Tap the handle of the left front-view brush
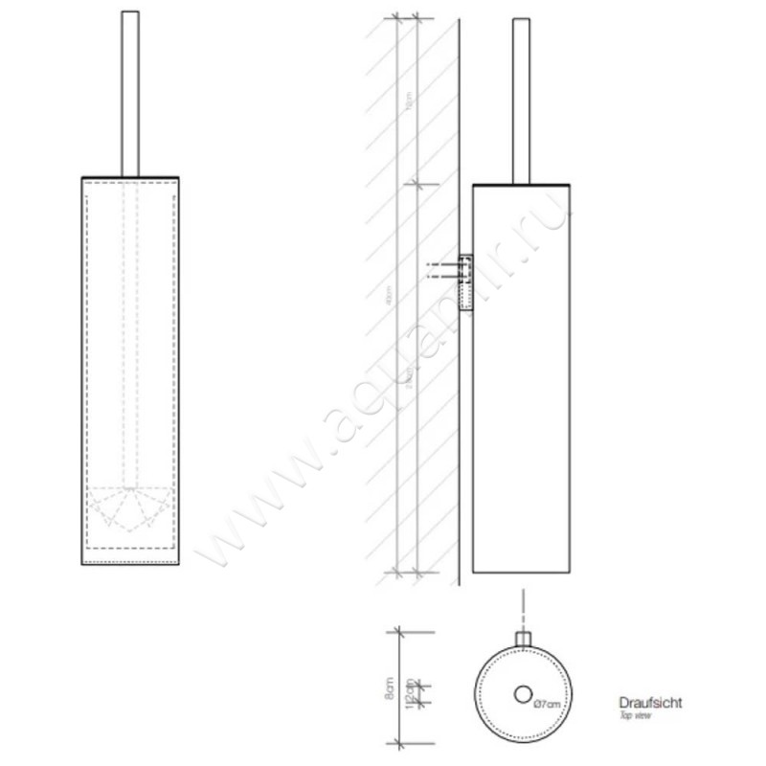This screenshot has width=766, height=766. click(x=130, y=91)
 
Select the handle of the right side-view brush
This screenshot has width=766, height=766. click(x=522, y=96)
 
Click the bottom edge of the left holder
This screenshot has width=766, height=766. click(x=130, y=565)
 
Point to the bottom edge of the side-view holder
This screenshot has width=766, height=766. click(x=522, y=573)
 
